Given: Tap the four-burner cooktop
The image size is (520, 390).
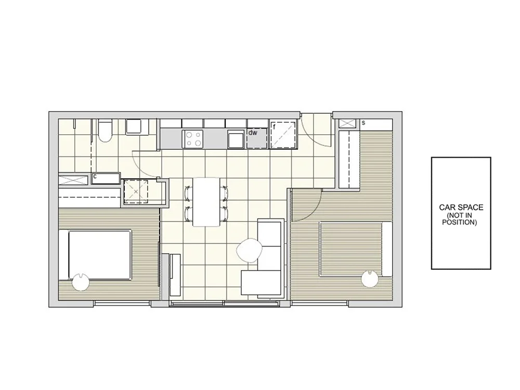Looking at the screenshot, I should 192,138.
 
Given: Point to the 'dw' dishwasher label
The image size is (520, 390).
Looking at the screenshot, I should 253,133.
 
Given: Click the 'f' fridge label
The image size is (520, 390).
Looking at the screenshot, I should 274,127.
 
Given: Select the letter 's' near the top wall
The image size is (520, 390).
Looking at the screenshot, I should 363,123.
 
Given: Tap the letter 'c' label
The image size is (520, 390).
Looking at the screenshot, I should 95,177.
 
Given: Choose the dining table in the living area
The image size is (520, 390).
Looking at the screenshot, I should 206,202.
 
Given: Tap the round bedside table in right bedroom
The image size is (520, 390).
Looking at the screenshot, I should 370,280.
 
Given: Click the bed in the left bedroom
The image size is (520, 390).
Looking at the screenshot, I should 98,254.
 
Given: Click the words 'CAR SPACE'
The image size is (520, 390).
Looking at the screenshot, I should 461,207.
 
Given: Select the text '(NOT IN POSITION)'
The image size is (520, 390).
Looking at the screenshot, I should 460,219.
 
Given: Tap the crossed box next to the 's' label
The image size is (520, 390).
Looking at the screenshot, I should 347,123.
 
